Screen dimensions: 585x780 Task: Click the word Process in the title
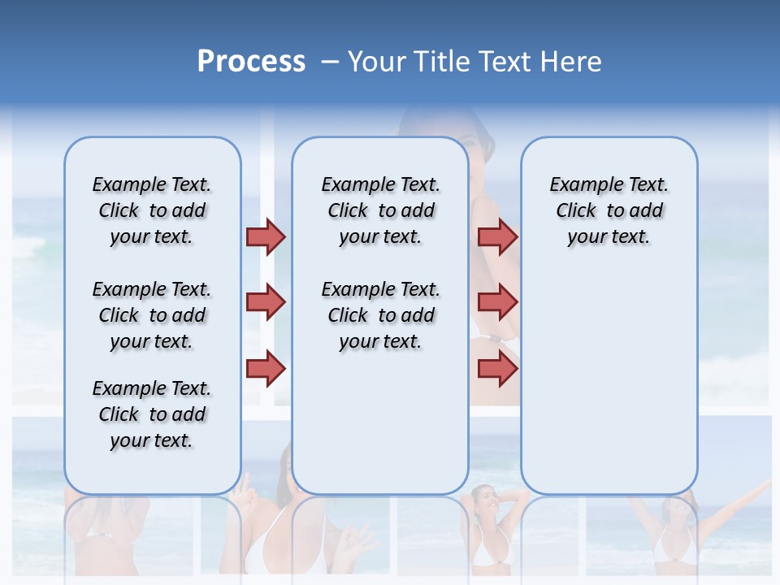[251, 62]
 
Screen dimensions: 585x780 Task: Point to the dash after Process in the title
[330, 62]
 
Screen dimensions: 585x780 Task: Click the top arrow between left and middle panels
[266, 236]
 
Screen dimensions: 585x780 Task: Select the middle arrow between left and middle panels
[266, 302]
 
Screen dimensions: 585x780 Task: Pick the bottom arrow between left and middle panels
[266, 369]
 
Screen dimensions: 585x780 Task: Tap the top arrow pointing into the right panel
[497, 236]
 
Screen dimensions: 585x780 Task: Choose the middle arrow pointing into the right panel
[497, 302]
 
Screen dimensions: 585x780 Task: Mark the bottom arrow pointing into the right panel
[497, 369]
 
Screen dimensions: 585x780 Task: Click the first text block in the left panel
[152, 210]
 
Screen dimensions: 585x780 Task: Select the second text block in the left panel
[152, 315]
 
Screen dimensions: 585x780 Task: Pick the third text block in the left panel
[152, 414]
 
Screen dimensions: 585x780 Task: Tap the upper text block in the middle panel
[380, 210]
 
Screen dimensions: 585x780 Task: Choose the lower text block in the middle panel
[380, 315]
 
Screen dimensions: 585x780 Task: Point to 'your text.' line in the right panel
[609, 237]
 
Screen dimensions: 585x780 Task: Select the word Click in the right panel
[576, 211]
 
